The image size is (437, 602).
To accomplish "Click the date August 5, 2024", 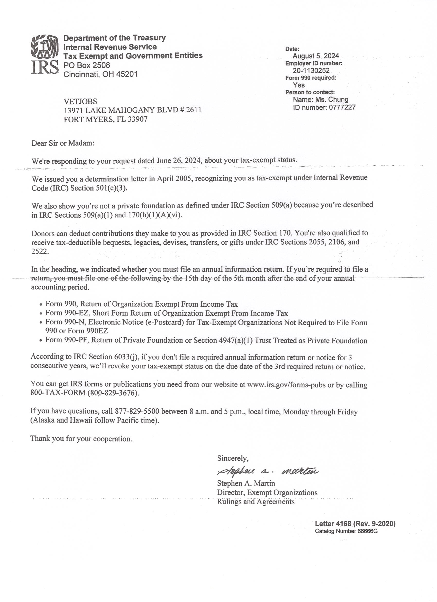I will click(x=316, y=56).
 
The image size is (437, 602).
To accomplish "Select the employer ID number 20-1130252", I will click(x=311, y=70).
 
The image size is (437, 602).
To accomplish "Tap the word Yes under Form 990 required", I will click(x=299, y=85).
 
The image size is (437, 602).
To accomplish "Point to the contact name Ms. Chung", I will click(x=331, y=100).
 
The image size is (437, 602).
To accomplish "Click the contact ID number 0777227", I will click(x=342, y=107).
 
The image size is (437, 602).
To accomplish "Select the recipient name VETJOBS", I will click(x=80, y=101).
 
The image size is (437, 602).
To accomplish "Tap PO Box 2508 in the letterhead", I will click(x=87, y=65).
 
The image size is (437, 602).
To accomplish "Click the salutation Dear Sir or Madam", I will click(x=63, y=143).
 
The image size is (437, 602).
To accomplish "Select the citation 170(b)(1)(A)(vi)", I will click(x=155, y=215).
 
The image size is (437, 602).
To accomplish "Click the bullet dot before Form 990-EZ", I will click(x=41, y=314).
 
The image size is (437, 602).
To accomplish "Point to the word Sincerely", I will click(x=233, y=458).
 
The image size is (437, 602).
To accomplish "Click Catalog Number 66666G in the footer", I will click(x=346, y=531).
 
